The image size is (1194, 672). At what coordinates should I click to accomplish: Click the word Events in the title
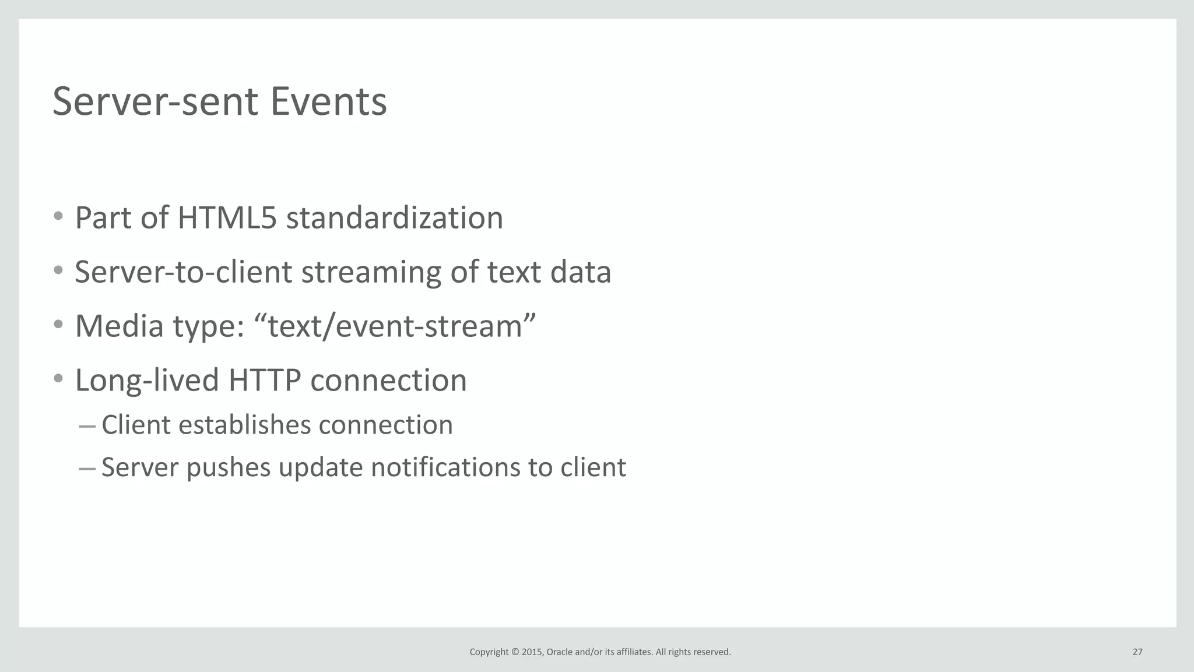point(328,102)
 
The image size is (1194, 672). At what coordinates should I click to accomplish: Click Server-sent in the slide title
point(155,102)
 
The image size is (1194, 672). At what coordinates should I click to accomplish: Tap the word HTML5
point(227,218)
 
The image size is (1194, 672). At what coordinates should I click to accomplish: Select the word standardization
point(394,218)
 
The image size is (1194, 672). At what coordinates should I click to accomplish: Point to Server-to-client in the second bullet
point(183,272)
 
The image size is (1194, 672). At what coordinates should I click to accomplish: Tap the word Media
point(119,326)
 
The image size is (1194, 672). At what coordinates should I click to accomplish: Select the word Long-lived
point(146,380)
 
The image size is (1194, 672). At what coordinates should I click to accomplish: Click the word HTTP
point(265,380)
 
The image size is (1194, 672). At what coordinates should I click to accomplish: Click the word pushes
point(229,467)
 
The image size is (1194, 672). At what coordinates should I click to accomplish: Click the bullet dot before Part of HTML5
point(58,216)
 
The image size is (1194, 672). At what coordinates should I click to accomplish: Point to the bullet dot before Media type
point(58,324)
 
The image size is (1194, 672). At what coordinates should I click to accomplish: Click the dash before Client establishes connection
point(86,427)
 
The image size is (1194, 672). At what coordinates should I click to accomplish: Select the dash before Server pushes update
point(86,469)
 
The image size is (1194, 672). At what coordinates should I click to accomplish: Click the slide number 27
point(1137,652)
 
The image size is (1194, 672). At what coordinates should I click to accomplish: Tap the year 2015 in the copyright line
point(532,652)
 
